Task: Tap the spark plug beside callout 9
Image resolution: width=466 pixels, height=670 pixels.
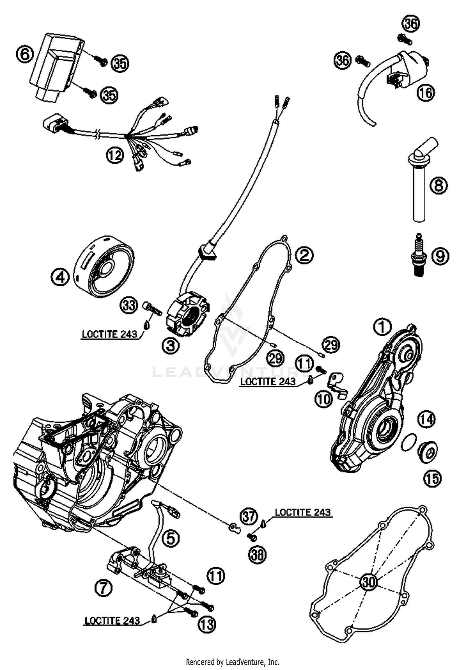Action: [419, 255]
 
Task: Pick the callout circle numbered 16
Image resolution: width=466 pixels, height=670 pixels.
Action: [425, 92]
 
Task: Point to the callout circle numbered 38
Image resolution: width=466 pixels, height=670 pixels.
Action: [258, 554]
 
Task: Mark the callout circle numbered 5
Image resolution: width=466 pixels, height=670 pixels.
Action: [171, 538]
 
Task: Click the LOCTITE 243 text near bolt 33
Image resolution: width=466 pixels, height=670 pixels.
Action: [109, 334]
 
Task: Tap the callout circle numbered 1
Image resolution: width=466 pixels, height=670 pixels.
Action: [383, 327]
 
